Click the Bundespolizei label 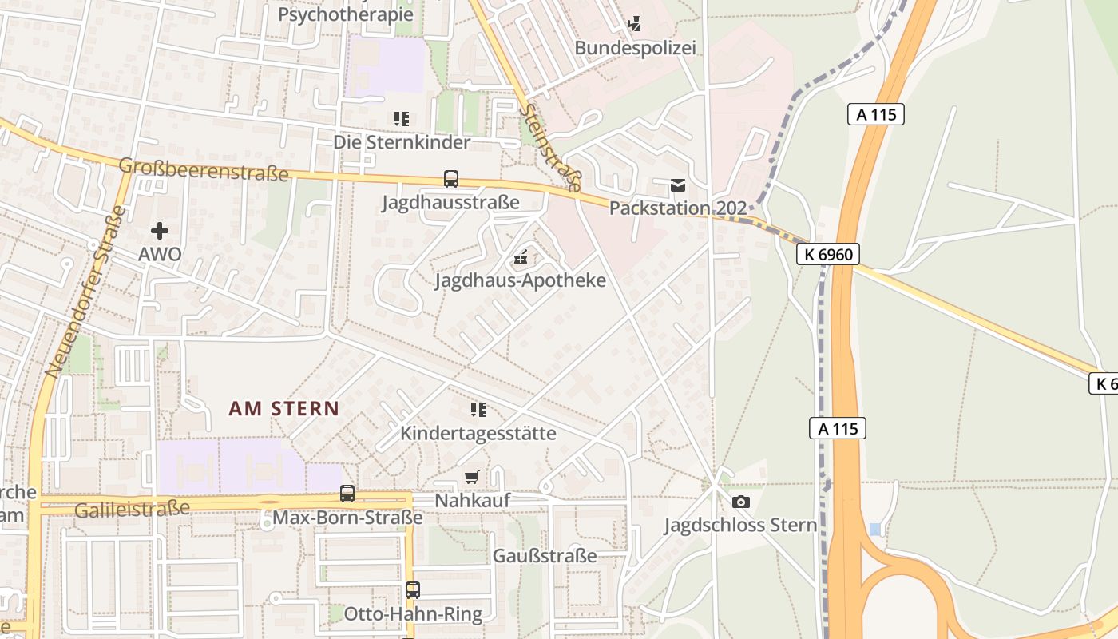click(x=635, y=48)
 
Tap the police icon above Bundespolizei click(x=634, y=24)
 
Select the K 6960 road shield click(x=829, y=255)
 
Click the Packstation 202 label click(x=678, y=208)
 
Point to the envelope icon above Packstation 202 click(x=678, y=186)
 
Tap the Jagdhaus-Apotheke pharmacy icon click(x=521, y=257)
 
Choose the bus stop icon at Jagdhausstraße click(x=451, y=179)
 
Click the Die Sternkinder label click(x=402, y=142)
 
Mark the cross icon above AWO click(x=160, y=232)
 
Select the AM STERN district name click(x=283, y=409)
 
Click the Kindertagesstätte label click(x=478, y=433)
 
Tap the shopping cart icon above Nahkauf click(x=472, y=478)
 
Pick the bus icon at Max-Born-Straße click(x=347, y=494)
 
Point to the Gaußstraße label click(x=545, y=556)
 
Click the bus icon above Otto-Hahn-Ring click(x=413, y=590)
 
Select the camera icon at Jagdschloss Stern click(x=740, y=502)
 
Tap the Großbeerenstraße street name click(x=203, y=169)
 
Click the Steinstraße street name click(x=549, y=148)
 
